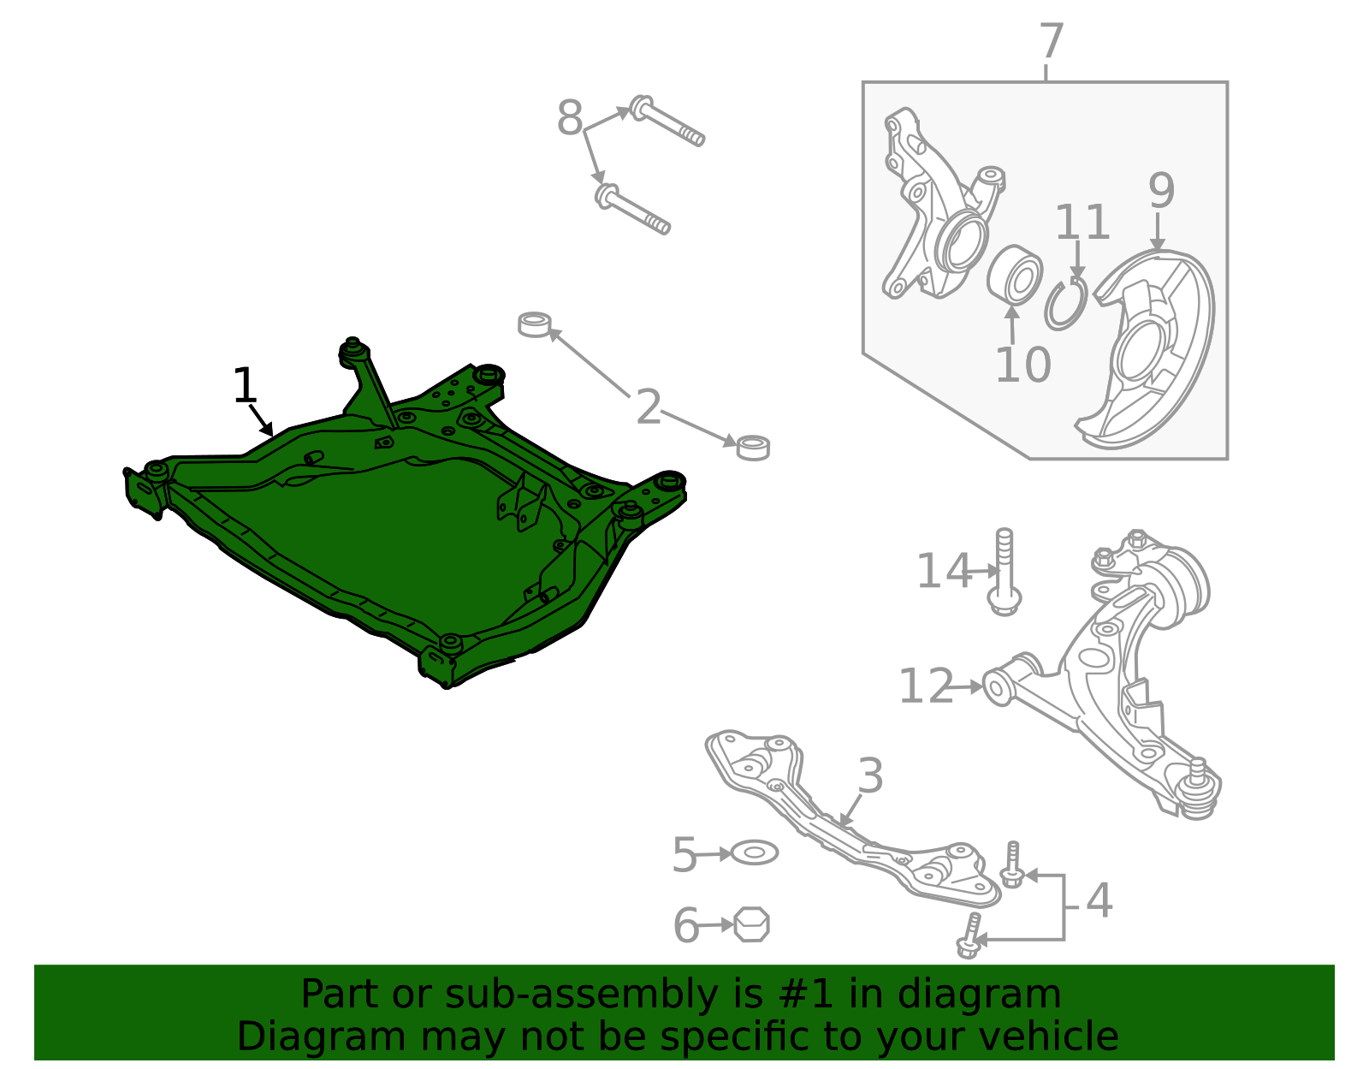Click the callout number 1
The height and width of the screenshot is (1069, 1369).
pyautogui.click(x=245, y=386)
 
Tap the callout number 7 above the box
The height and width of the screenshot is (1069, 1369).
pyautogui.click(x=1051, y=42)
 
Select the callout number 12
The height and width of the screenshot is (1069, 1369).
pyautogui.click(x=926, y=686)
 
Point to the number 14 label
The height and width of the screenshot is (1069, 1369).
pyautogui.click(x=944, y=572)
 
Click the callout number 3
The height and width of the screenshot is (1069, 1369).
pyautogui.click(x=870, y=777)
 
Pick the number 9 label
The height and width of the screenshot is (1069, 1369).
pyautogui.click(x=1161, y=191)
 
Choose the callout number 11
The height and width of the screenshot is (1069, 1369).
pyautogui.click(x=1082, y=223)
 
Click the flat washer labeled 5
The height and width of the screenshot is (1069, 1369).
pyautogui.click(x=754, y=852)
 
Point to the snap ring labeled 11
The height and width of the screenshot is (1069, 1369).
pyautogui.click(x=1065, y=304)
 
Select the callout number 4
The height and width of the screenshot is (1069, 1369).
pyautogui.click(x=1099, y=900)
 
